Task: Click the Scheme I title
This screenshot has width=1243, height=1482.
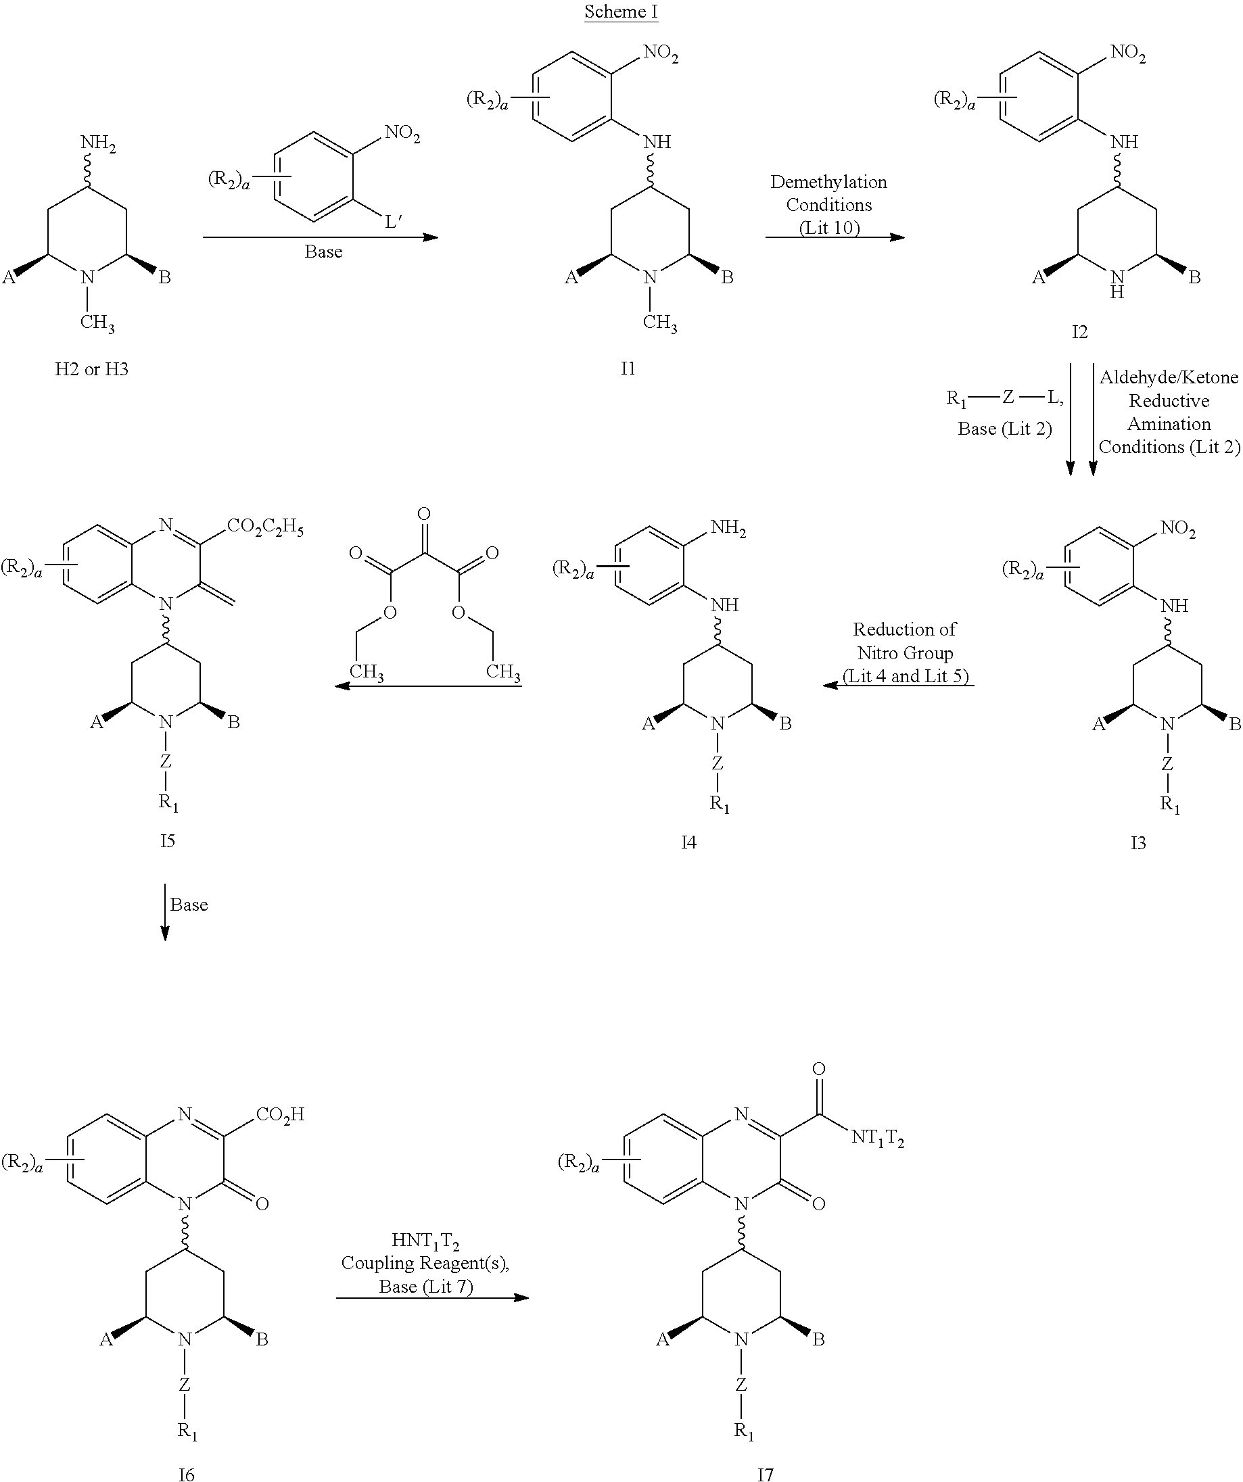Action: coord(620,12)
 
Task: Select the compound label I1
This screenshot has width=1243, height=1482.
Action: coord(628,368)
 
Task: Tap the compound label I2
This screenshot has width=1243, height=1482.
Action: coord(1079,332)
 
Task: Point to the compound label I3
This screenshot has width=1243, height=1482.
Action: coord(1138,842)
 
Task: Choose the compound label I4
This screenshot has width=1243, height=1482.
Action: coord(688,842)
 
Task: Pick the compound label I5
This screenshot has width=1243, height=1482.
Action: coord(167,840)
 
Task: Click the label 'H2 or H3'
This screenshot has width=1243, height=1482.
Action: coord(92,369)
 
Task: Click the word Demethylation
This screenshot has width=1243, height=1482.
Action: coord(828,182)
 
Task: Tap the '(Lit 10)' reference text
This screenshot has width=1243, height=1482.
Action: coord(828,227)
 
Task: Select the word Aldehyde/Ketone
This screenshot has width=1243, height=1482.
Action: coord(1168,377)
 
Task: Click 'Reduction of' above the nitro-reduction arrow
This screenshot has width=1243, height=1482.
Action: coord(904,629)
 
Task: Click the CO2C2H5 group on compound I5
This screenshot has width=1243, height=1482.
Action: coord(264,528)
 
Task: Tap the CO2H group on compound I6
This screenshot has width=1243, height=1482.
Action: coord(279,1115)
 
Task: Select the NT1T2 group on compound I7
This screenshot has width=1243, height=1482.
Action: coord(876,1138)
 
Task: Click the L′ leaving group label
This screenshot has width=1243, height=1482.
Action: coord(393,222)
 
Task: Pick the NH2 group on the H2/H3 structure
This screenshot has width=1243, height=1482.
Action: coord(98,144)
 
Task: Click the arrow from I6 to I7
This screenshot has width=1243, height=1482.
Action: coord(432,1297)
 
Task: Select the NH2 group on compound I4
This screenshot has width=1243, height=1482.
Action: coord(728,528)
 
